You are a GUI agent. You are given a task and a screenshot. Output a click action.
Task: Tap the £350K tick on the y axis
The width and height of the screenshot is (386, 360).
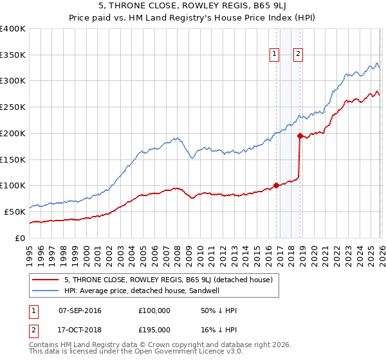coord(13,55)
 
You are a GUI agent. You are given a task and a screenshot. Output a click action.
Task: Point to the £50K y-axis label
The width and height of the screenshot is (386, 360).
coord(15,212)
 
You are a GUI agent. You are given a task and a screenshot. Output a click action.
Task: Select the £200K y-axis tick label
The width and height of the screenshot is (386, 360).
coord(13,134)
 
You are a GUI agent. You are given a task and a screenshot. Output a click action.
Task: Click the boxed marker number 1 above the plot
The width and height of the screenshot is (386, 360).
coord(275,55)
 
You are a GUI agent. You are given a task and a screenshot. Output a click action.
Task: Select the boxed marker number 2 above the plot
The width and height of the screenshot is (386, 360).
coord(299,55)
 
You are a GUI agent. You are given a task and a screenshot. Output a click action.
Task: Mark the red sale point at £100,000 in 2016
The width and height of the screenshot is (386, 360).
coord(276,186)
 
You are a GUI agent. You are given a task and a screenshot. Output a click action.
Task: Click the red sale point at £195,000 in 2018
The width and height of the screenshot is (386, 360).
coord(300,136)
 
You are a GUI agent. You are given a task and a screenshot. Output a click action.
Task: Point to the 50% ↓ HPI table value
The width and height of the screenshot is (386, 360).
coord(219,310)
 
